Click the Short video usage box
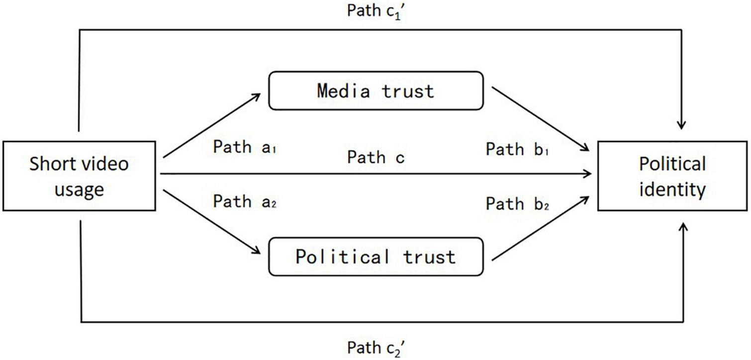pos(79,176)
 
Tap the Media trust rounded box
pos(375,90)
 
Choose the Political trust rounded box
pos(375,257)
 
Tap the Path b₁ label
pos(518,149)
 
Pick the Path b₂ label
pos(518,204)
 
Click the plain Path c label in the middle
pos(376,158)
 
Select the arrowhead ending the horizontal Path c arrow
pos(588,174)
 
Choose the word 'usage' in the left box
pos(79,189)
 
